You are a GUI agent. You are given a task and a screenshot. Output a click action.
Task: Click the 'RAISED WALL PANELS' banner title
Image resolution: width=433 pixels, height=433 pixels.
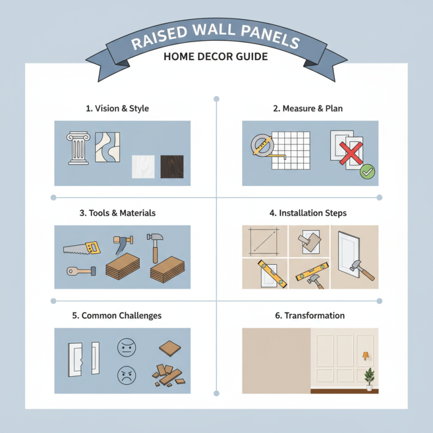click(x=216, y=40)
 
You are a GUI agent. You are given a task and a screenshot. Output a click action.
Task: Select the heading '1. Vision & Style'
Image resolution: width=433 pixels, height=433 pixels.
click(x=117, y=109)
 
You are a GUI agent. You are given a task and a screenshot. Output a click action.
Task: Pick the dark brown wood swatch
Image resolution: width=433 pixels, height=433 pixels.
click(x=172, y=167)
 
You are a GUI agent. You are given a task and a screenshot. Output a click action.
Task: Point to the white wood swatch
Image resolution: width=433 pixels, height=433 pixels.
click(x=144, y=167)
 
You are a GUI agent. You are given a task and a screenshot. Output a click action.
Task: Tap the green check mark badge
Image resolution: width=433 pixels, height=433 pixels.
click(x=368, y=173)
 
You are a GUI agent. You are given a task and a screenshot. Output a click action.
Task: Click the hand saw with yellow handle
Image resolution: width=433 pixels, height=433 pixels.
click(x=82, y=247)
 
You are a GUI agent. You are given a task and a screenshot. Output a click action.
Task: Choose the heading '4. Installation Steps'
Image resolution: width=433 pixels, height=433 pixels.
click(x=308, y=213)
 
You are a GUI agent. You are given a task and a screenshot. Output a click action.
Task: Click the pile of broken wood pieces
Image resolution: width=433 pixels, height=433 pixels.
click(x=168, y=375)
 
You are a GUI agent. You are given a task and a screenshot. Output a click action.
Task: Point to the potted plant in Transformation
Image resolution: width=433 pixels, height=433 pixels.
click(x=369, y=378)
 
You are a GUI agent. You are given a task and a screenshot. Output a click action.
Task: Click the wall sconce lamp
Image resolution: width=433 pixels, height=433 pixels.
click(x=366, y=356)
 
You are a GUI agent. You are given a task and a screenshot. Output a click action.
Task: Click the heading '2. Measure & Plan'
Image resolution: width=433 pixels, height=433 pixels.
click(x=308, y=109)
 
